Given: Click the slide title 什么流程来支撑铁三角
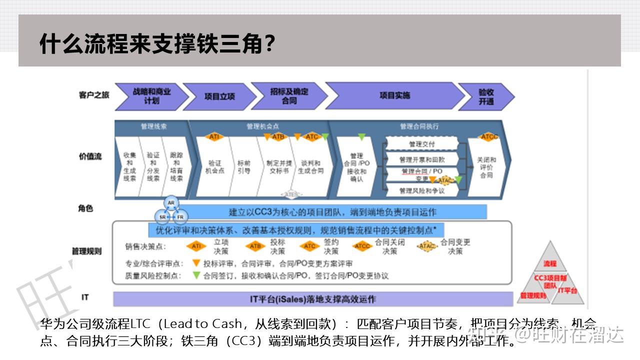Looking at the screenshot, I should [x=157, y=44].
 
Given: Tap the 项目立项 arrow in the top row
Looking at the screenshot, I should [x=219, y=96].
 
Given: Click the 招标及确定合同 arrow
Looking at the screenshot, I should [x=289, y=96].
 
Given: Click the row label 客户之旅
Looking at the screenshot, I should [x=93, y=95].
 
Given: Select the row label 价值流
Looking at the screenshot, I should [x=90, y=156].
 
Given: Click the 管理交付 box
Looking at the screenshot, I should [x=421, y=144].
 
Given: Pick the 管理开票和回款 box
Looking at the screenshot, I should [x=421, y=159].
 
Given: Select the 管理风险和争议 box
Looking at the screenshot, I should [x=421, y=190].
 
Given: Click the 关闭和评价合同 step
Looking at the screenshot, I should [x=486, y=167].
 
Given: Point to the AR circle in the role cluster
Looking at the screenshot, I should [x=171, y=203].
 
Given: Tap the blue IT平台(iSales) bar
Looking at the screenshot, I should [x=313, y=299].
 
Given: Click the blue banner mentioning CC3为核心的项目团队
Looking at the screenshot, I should [x=332, y=212].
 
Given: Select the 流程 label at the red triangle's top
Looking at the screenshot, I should [x=550, y=263].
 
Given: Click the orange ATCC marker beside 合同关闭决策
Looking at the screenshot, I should [x=362, y=246].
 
